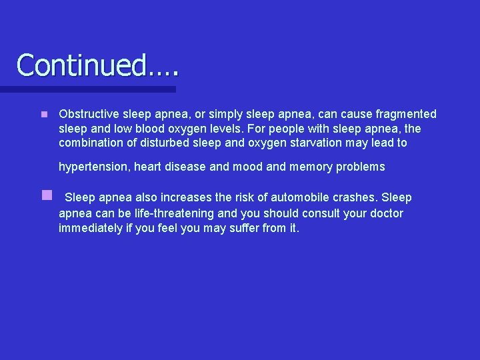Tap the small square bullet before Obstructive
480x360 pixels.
[x=44, y=115]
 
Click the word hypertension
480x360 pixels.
[x=93, y=167]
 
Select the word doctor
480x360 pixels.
[x=385, y=213]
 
